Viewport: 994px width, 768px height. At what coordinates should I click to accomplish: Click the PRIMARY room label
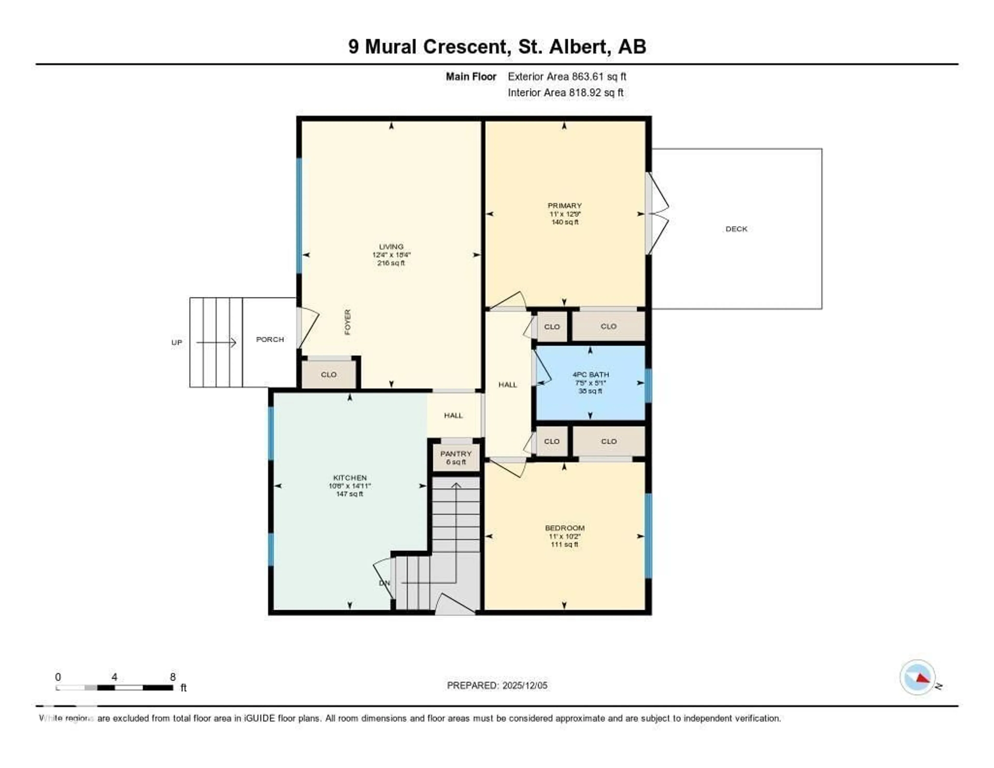coord(564,205)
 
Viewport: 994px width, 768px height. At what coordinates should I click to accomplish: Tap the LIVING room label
coord(391,246)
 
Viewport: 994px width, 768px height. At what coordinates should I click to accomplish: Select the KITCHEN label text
coord(349,477)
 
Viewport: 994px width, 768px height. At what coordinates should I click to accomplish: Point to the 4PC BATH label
coord(590,374)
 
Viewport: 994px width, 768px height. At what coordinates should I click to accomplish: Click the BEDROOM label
coord(564,528)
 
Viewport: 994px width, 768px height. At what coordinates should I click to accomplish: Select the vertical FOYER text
coord(348,322)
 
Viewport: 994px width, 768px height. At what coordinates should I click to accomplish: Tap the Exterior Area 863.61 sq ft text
coord(567,76)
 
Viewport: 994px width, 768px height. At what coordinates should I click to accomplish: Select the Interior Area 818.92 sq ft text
coord(565,92)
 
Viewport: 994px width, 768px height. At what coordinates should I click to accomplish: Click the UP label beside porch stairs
coord(177,342)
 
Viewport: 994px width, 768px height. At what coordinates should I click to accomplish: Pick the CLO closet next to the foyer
coord(328,374)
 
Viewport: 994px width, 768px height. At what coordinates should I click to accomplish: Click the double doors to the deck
coord(658,213)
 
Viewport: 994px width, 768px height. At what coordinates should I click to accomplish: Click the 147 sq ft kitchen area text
coord(349,494)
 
